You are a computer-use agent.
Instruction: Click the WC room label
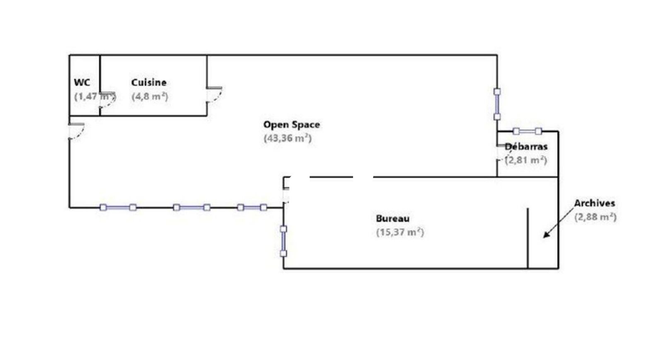[x=82, y=82]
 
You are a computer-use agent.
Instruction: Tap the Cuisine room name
[x=149, y=82]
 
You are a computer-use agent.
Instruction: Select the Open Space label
[x=291, y=125]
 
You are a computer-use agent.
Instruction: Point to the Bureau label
[x=392, y=218]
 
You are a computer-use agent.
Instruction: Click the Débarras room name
[x=526, y=147]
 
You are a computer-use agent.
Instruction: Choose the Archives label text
[x=594, y=203]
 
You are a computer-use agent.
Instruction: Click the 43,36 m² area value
[x=288, y=138]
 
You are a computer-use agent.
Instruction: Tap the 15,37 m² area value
[x=400, y=232]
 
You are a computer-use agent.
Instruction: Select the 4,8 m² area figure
[x=150, y=97]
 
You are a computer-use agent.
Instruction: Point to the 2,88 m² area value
[x=595, y=217]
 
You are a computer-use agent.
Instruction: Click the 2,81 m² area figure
[x=526, y=160]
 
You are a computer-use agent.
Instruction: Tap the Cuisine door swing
[x=215, y=94]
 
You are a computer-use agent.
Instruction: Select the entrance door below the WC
[x=77, y=130]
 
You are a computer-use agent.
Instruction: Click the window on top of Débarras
[x=527, y=131]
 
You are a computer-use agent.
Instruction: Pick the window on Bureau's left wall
[x=283, y=241]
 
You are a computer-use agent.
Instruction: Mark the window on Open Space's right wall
[x=497, y=104]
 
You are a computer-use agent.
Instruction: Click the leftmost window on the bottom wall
[x=118, y=208]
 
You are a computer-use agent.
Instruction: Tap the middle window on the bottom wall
[x=191, y=208]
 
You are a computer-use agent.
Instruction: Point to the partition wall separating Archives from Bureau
[x=527, y=238]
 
